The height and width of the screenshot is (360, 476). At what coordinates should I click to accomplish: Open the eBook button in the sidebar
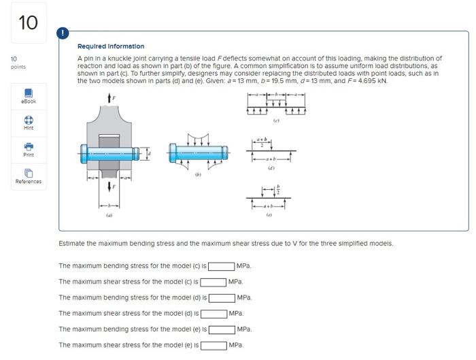click(28, 95)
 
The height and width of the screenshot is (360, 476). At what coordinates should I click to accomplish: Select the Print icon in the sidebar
click(28, 148)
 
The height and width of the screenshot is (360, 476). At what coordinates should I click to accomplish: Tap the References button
click(28, 176)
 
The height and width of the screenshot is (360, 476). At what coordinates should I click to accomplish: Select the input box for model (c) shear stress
click(213, 282)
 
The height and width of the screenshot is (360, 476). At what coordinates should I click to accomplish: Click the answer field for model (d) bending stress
click(221, 297)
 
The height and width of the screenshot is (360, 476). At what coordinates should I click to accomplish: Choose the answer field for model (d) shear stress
click(213, 314)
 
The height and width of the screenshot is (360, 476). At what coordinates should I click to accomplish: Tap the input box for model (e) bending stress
click(221, 329)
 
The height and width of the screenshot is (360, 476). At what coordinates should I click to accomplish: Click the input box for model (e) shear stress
click(213, 345)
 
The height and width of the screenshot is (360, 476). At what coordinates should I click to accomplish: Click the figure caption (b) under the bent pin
click(198, 174)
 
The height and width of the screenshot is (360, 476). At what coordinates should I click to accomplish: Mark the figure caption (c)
click(275, 120)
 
